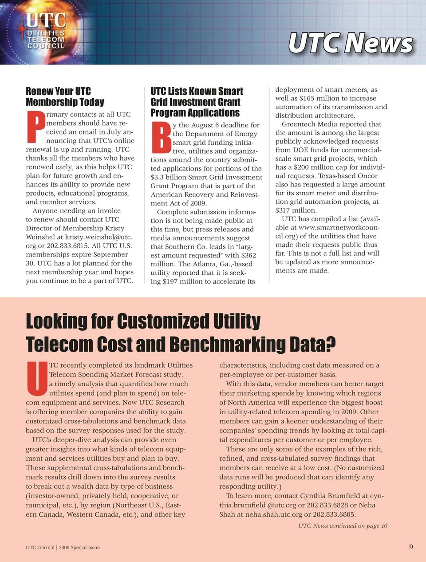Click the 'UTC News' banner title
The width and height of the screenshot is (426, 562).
point(351,44)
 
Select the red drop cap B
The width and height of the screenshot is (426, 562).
point(161,137)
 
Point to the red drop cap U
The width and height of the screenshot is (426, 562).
point(36,379)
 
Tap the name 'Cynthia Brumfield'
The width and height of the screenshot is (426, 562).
point(331,496)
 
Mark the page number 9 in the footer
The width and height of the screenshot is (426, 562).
point(411,546)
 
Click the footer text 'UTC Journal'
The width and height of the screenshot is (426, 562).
point(40,547)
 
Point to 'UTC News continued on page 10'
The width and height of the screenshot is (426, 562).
point(343,526)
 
